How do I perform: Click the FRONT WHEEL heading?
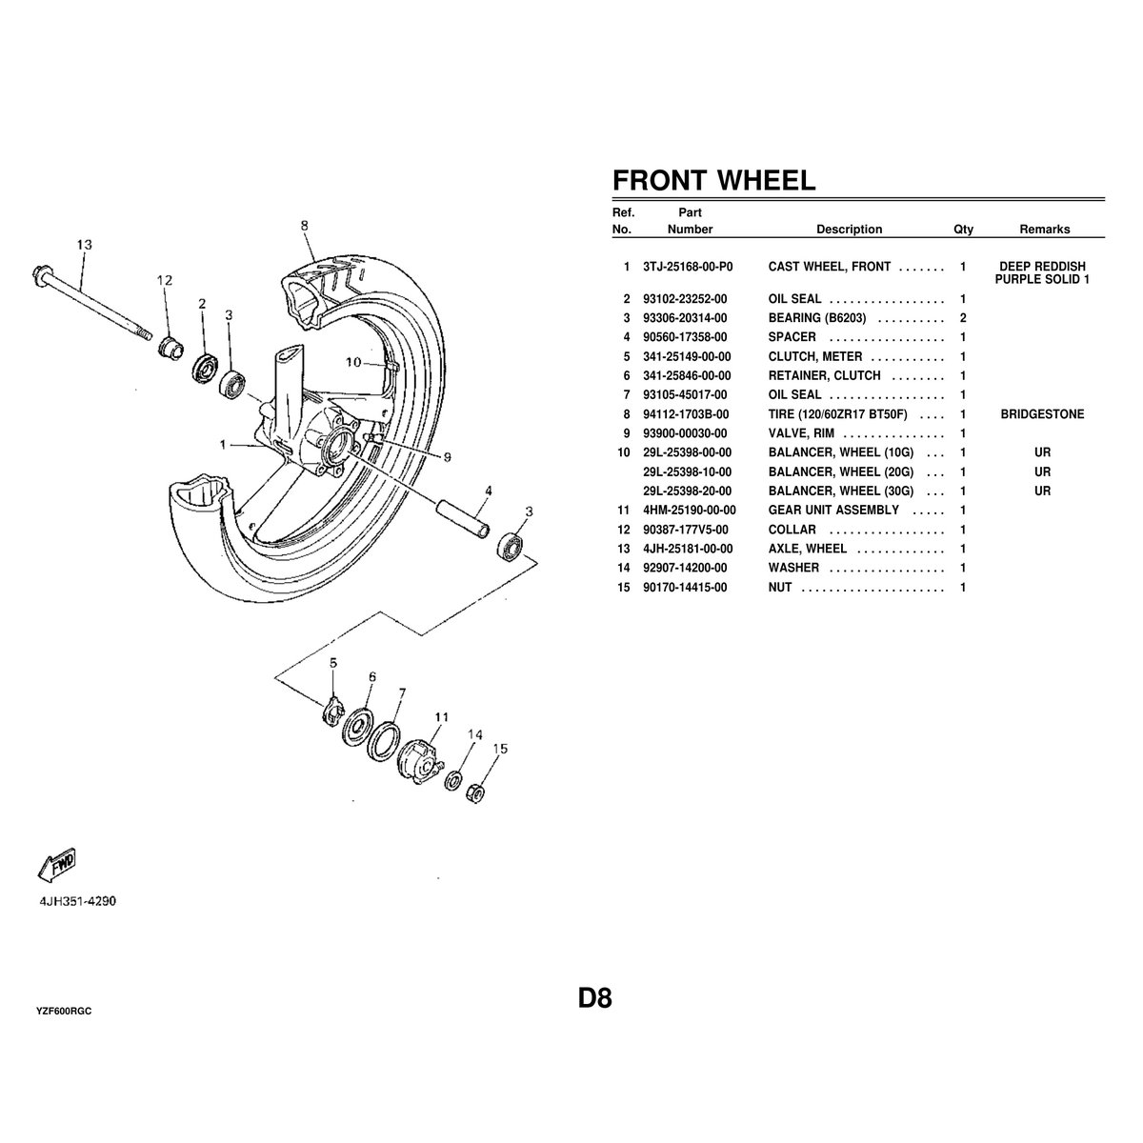713,181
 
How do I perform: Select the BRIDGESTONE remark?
1042,414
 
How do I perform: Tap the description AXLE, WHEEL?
807,549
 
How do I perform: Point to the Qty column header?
963,230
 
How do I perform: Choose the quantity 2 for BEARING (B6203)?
963,318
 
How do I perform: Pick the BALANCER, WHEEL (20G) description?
840,472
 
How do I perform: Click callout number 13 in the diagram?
85,245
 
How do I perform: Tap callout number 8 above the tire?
304,226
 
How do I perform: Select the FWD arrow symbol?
57,864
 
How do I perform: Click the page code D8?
594,999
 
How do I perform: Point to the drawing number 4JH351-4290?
78,900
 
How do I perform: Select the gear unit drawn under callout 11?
420,761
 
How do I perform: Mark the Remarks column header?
1044,230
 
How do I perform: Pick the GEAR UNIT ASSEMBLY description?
832,511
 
